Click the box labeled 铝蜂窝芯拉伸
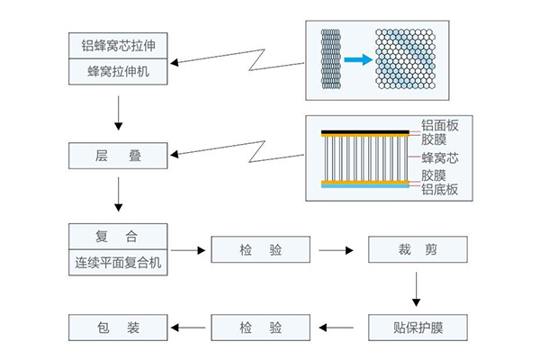118,44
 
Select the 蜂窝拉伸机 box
118,71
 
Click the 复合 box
118,237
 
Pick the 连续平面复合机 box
118,263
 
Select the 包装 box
118,327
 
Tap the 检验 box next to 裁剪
262,249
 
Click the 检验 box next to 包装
262,327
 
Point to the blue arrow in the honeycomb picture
358,60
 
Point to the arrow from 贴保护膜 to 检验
339,327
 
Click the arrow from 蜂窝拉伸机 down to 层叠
118,112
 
